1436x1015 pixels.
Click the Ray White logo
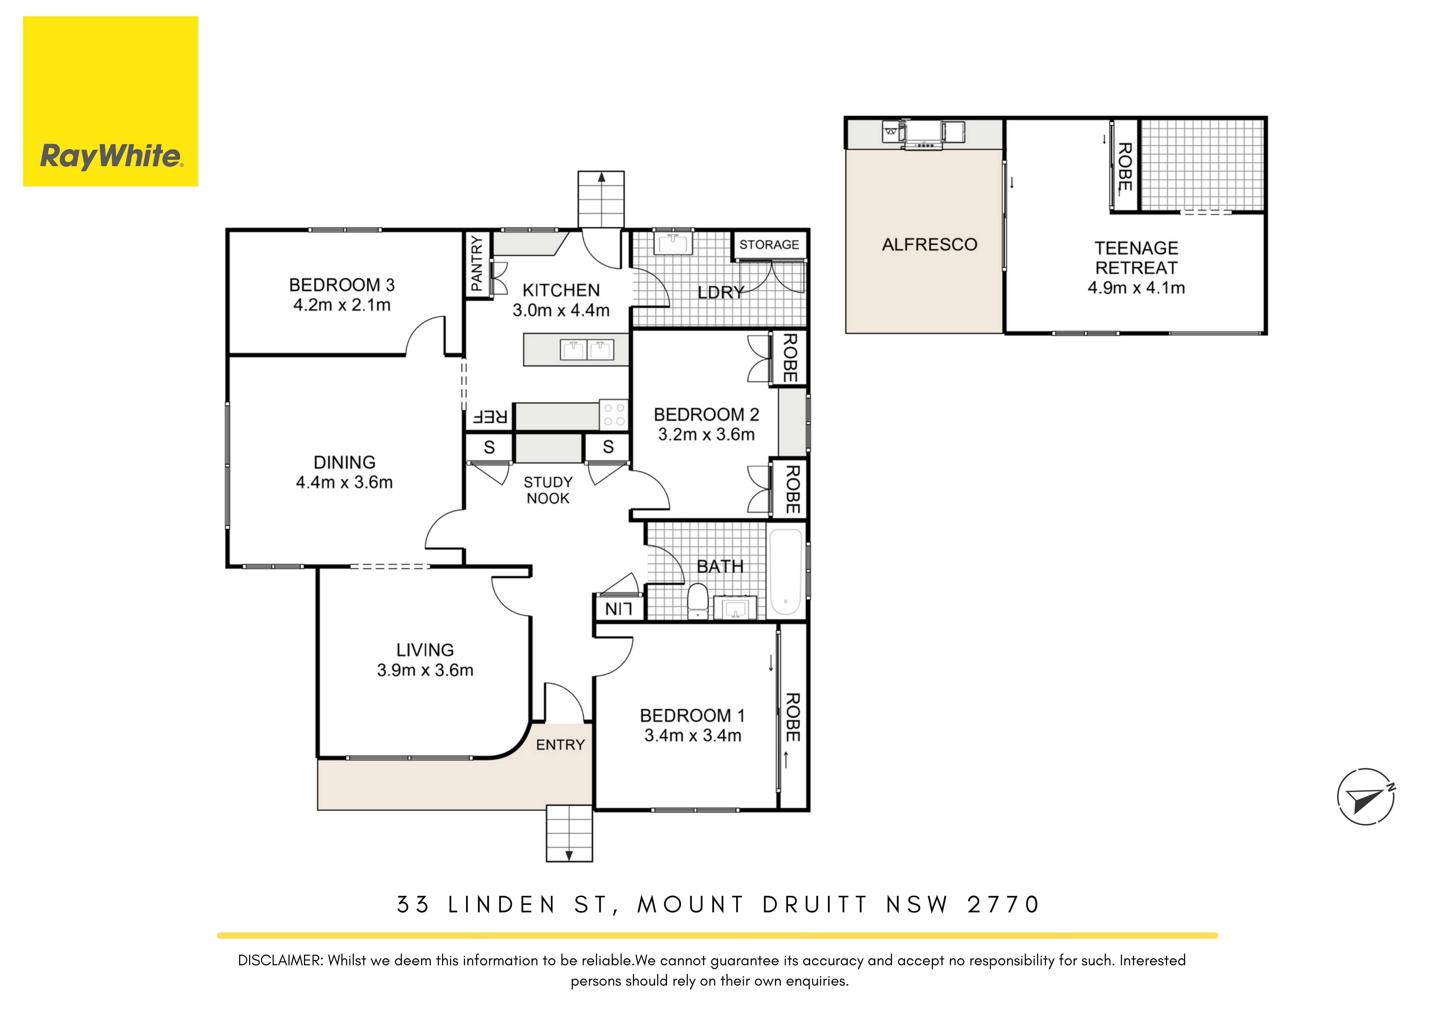111,101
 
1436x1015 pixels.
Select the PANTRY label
477,263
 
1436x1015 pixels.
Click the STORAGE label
769,245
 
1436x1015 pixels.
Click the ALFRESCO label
929,245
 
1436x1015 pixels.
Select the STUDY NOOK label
548,490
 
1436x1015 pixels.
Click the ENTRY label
560,745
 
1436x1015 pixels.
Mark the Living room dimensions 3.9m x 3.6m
425,670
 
